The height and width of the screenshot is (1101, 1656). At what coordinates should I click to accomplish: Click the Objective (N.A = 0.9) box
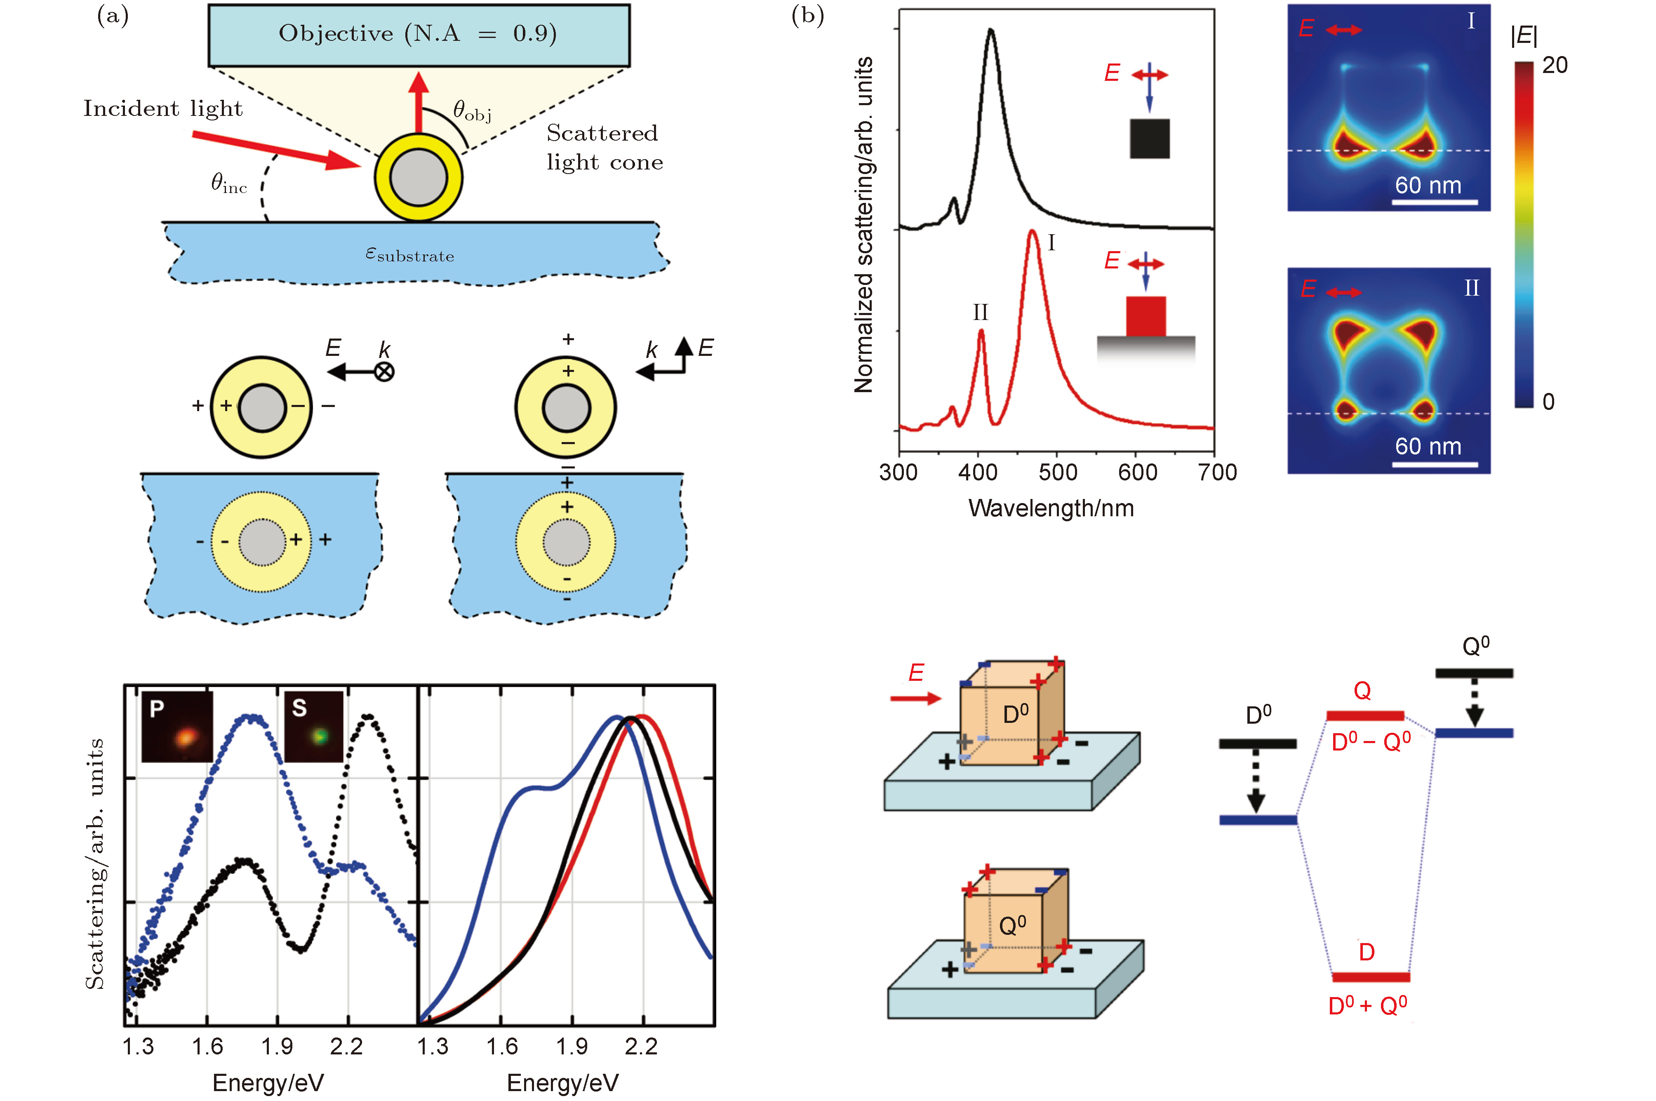click(419, 35)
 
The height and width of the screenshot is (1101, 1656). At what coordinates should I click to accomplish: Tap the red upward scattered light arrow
click(419, 102)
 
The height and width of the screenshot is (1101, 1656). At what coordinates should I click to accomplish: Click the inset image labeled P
click(177, 727)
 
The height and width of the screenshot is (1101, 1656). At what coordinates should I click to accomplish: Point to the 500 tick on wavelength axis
click(1057, 472)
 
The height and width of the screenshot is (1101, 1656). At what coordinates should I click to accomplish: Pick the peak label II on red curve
click(980, 313)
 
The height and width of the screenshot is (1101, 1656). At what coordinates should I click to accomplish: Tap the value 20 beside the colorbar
click(1555, 65)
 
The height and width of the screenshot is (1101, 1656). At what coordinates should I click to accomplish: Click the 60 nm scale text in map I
click(1428, 186)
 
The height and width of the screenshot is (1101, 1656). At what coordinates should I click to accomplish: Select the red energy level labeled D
click(1370, 977)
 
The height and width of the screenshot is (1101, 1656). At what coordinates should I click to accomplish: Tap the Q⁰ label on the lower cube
click(1012, 925)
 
